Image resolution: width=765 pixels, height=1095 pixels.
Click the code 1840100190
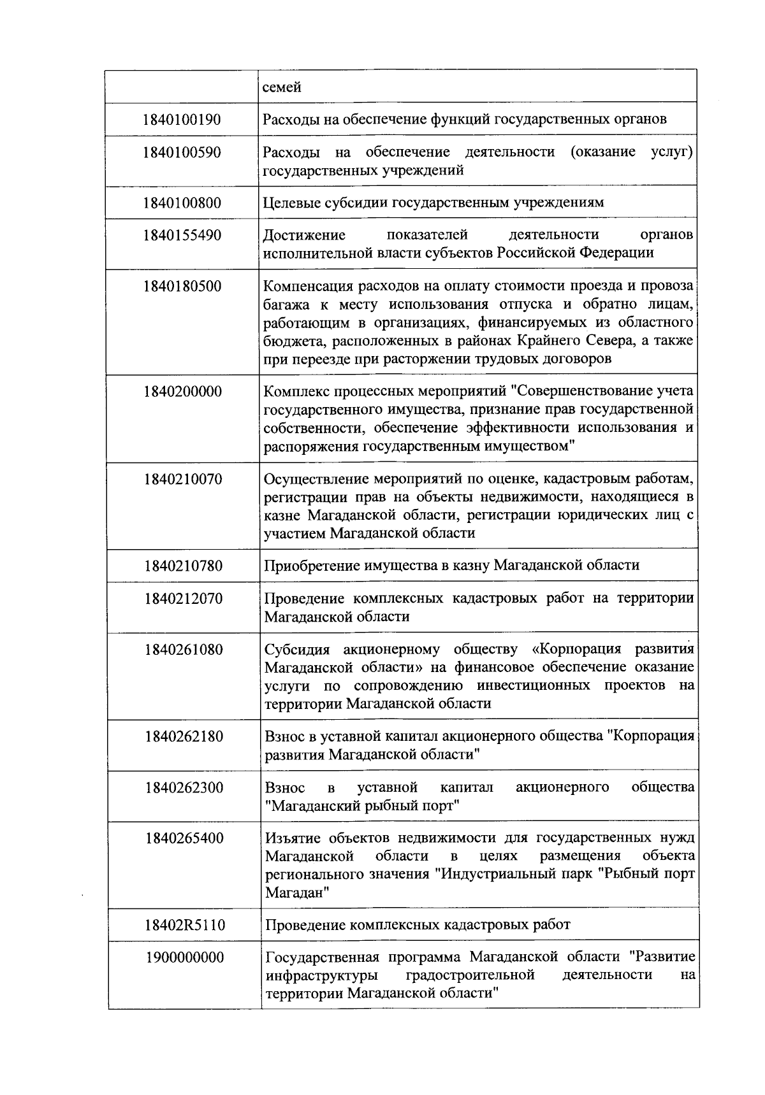[x=182, y=119]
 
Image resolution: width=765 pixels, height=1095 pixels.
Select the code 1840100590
[x=182, y=152]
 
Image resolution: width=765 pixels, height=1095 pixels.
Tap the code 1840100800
[x=182, y=203]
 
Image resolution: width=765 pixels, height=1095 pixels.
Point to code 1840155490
[x=182, y=235]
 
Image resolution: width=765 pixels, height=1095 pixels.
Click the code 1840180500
[x=182, y=286]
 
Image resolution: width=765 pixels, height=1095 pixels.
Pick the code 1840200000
[x=183, y=391]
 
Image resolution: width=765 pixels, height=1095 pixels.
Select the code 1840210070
[x=183, y=478]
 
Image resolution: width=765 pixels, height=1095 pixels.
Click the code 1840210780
[x=183, y=566]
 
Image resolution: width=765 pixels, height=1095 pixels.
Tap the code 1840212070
[x=184, y=599]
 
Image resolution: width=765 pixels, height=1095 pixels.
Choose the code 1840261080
[x=184, y=650]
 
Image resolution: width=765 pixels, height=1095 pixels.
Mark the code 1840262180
[x=184, y=737]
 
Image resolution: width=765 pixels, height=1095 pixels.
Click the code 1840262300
[x=184, y=788]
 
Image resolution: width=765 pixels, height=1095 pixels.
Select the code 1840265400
[x=184, y=838]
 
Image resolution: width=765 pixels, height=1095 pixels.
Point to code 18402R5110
[x=184, y=925]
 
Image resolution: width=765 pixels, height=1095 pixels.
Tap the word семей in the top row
[x=282, y=87]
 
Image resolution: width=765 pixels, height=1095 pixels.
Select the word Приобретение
[x=311, y=566]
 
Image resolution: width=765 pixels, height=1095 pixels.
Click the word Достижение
[x=304, y=235]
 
